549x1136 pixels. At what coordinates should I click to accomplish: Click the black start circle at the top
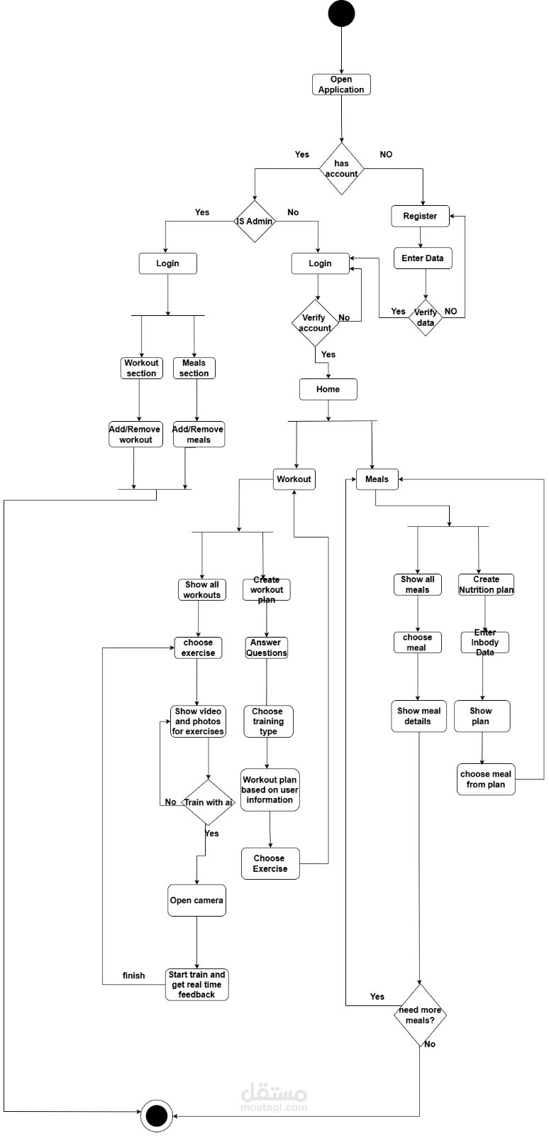pos(341,13)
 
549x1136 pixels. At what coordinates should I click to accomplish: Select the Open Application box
pos(341,84)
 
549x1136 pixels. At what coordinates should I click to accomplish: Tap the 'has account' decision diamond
pos(341,169)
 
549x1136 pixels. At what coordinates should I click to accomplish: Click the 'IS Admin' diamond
pos(255,221)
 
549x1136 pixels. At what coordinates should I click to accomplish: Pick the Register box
pos(420,216)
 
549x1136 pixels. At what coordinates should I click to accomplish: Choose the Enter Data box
pos(423,258)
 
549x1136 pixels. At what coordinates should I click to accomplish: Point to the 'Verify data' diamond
pos(426,317)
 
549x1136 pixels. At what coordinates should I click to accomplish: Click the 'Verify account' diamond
pos(316,323)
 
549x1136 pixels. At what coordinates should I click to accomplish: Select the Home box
pos(328,389)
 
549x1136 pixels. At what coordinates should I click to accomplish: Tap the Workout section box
pos(142,368)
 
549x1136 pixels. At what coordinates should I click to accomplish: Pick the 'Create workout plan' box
pos(267,589)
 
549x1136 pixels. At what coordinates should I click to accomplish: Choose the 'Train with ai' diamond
pos(209,802)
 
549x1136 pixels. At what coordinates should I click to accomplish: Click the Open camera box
pos(196,900)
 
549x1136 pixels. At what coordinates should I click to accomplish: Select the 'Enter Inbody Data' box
pos(485,642)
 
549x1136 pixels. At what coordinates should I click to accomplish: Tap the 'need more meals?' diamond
pos(420,1015)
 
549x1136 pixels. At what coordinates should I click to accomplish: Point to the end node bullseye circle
pos(156,1115)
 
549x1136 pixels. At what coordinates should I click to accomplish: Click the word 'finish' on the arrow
pos(133,976)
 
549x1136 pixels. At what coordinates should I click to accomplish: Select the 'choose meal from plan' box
pos(486,779)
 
